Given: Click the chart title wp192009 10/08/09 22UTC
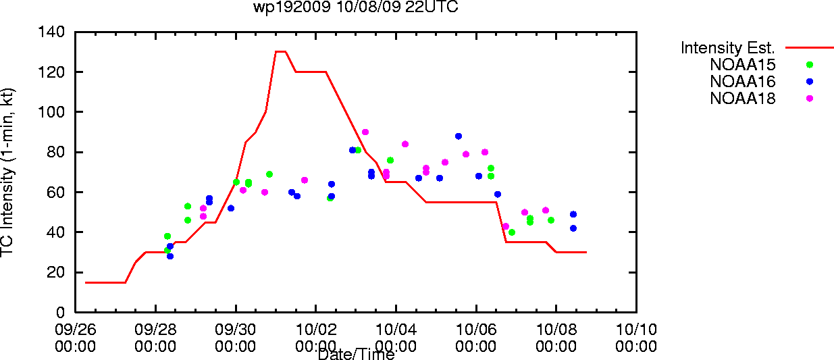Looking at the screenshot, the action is pyautogui.click(x=356, y=7).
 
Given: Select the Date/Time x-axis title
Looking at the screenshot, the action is pyautogui.click(x=357, y=354).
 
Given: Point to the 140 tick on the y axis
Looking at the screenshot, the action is pyautogui.click(x=51, y=32).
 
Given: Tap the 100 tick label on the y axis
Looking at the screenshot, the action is pyautogui.click(x=51, y=111).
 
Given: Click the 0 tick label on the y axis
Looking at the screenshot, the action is pyautogui.click(x=60, y=312).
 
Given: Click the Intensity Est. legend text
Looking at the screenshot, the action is pyautogui.click(x=727, y=48).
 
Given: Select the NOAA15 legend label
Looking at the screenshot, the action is pyautogui.click(x=743, y=65).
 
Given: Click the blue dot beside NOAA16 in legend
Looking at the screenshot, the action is pyautogui.click(x=810, y=82).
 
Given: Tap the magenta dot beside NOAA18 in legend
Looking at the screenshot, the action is pyautogui.click(x=810, y=99).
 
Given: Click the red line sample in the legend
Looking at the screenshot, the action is pyautogui.click(x=810, y=48).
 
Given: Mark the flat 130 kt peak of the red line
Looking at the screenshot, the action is pyautogui.click(x=280, y=52).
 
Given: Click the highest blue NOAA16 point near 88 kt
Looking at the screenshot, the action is pyautogui.click(x=459, y=136).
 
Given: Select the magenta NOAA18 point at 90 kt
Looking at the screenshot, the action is pyautogui.click(x=365, y=132).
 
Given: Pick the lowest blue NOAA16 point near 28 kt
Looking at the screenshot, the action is pyautogui.click(x=170, y=256).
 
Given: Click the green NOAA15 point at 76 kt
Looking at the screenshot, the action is pyautogui.click(x=390, y=161).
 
